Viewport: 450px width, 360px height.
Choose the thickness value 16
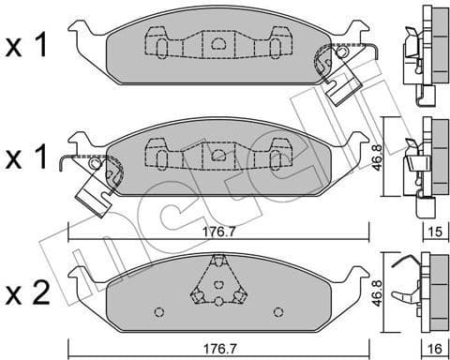point(432,348)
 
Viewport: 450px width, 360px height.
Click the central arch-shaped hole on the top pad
point(217,42)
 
